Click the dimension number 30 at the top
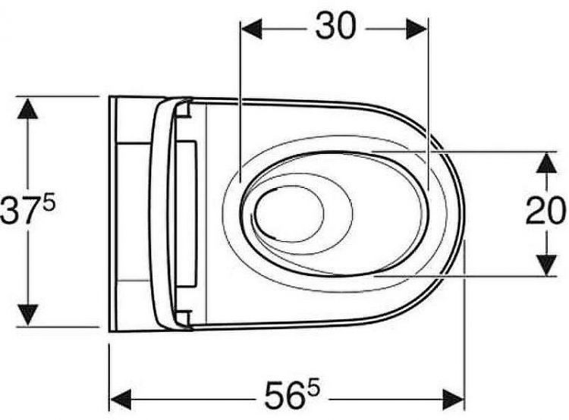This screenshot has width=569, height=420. [335, 25]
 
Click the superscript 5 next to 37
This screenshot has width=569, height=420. [49, 202]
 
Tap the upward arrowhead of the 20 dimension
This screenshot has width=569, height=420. [546, 162]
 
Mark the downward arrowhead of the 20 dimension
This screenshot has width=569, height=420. [546, 265]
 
